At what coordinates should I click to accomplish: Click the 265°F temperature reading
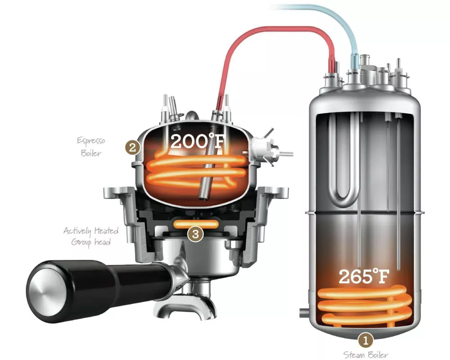(364, 276)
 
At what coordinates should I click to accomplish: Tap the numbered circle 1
(365, 341)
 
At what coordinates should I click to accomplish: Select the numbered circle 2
(132, 148)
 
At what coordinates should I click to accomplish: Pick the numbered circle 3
(195, 234)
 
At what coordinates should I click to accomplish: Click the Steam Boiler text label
(365, 355)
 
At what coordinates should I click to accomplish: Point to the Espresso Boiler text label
(91, 147)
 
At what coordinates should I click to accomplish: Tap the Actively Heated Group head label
(91, 236)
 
